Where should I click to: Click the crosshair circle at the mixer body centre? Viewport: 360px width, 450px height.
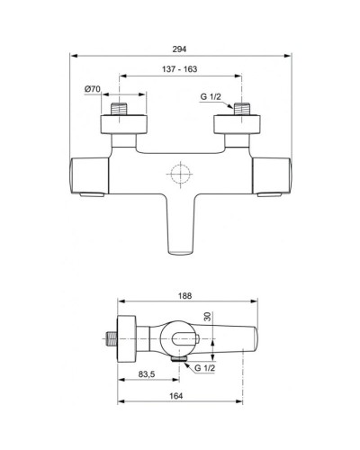point(181,175)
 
